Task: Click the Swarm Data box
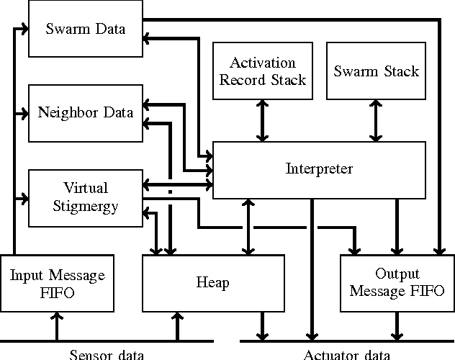(x=85, y=30)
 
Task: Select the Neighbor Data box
(x=85, y=112)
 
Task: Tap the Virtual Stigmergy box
(x=85, y=197)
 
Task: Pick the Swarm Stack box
(x=376, y=71)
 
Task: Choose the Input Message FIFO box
(x=56, y=283)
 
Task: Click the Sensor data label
(x=107, y=354)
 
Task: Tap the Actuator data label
(x=347, y=354)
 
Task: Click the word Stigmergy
(x=85, y=205)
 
